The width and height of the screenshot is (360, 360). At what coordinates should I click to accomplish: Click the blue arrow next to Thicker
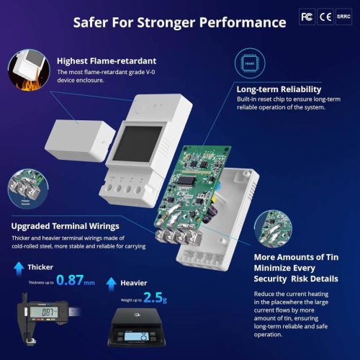18,266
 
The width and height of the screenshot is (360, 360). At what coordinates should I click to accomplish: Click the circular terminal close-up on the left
29,187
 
